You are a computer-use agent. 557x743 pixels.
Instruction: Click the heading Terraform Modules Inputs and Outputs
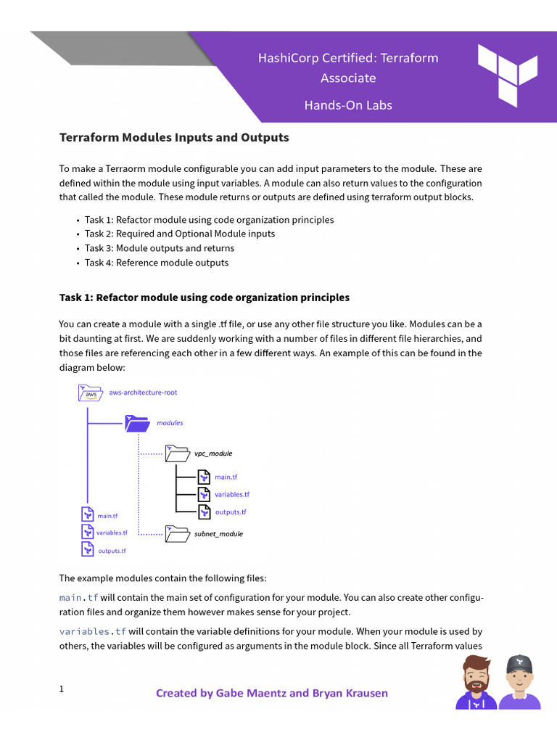(173, 137)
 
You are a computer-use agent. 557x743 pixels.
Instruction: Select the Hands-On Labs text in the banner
(347, 105)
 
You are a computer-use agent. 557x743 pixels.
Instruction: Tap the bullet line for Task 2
(179, 234)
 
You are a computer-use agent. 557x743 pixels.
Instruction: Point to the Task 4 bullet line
(156, 263)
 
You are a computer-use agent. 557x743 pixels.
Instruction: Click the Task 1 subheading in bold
(204, 297)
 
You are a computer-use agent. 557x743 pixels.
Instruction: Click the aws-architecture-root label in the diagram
(143, 393)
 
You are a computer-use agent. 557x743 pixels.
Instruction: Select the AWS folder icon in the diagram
(90, 393)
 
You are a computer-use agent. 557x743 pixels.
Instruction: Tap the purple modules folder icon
(136, 422)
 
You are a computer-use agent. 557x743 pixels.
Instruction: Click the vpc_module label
(213, 453)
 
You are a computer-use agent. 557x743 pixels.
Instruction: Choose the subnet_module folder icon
(177, 534)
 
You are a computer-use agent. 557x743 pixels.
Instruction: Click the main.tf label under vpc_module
(226, 477)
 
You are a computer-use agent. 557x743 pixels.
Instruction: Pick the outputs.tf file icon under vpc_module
(205, 512)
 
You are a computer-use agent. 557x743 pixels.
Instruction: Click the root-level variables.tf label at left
(112, 533)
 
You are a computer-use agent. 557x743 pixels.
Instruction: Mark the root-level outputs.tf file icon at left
(87, 550)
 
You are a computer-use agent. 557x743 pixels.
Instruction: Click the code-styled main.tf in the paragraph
(78, 598)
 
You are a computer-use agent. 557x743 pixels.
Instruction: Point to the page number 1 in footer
(62, 689)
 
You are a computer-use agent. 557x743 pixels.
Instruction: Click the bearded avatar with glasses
(476, 683)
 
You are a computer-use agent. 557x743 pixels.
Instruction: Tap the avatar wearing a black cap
(519, 683)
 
